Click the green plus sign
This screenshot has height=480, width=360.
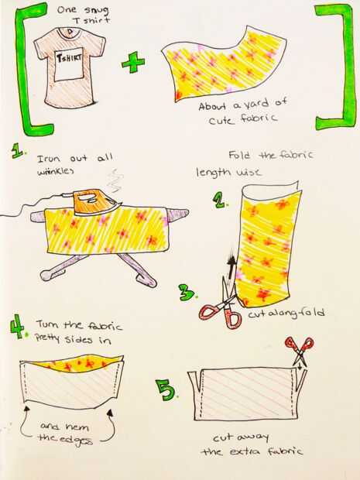133,63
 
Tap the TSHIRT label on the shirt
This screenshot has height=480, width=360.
68,57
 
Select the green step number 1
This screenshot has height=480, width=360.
18,151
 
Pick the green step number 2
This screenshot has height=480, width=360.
220,201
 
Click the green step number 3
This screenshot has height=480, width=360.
187,292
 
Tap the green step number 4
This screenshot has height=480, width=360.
17,326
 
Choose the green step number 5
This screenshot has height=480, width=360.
166,389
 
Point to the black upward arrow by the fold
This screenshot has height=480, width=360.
233,267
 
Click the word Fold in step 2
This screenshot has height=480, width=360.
240,155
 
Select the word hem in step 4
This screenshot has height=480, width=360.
77,426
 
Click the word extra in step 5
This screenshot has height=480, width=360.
246,451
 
